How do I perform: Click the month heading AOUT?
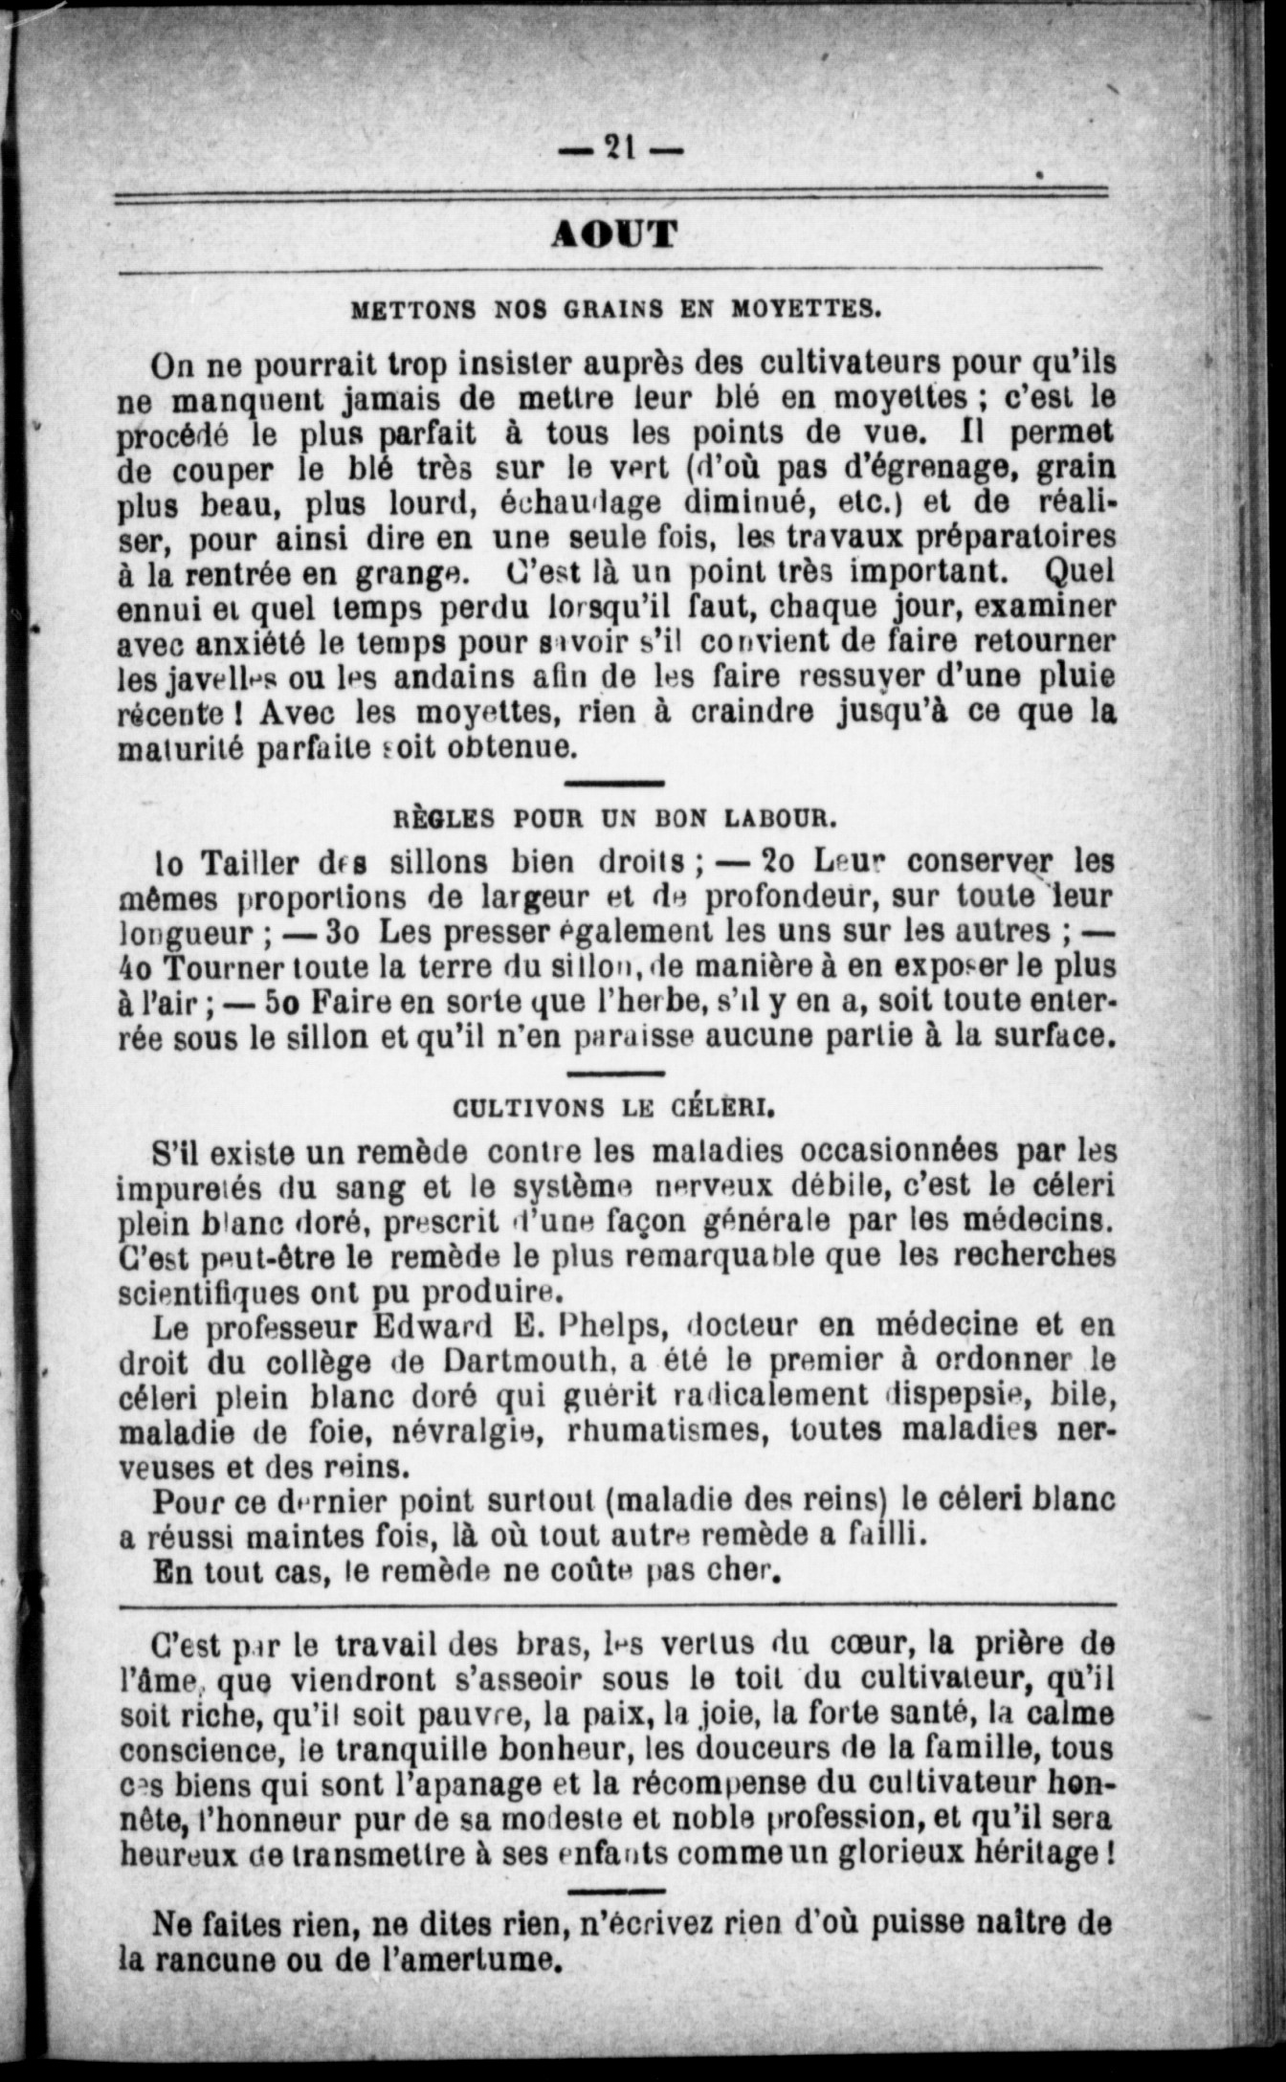615,233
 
